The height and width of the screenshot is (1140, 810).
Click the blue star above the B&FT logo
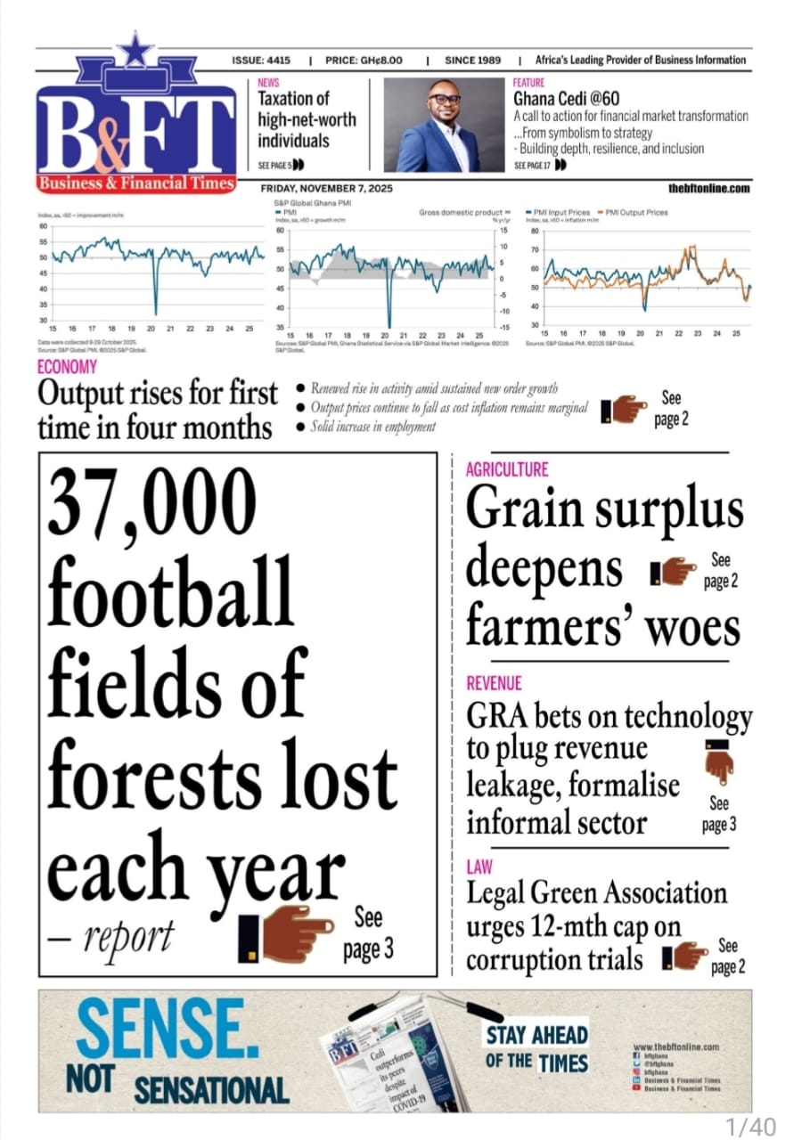point(135,51)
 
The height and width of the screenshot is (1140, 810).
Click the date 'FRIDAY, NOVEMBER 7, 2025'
point(326,189)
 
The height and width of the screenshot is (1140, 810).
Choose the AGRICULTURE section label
point(507,469)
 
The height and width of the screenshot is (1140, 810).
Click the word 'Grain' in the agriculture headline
point(526,511)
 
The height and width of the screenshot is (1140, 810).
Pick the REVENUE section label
point(494,684)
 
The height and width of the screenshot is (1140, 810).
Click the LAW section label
point(479,866)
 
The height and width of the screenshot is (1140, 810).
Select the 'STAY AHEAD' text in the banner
point(536,1035)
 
